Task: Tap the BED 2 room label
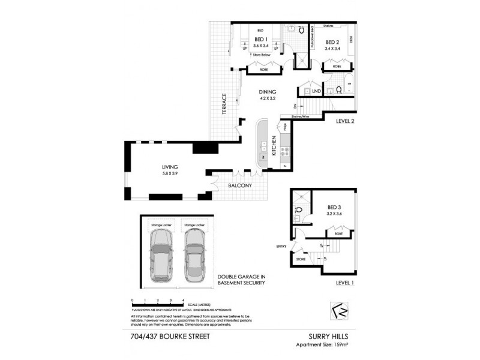coord(333,42)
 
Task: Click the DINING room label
coord(268,92)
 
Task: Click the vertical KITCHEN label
coord(274,146)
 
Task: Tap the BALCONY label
coord(240,186)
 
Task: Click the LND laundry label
coord(316,91)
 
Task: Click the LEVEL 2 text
coord(346,121)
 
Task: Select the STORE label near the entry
coord(301,259)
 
